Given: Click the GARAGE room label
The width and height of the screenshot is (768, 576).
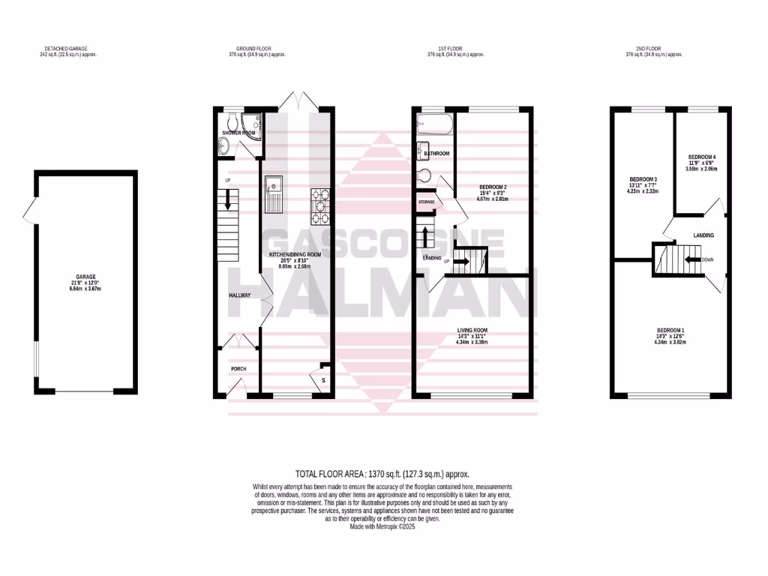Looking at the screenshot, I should click(85, 277).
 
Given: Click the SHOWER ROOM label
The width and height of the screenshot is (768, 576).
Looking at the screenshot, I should click(238, 133).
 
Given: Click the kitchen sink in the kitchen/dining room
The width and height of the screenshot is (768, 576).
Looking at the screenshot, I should click(273, 193).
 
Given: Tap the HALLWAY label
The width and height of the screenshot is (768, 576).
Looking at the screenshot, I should click(240, 295).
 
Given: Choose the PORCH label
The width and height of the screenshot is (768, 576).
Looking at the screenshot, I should click(238, 369).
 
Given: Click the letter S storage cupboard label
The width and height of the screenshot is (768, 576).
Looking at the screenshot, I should click(322, 381).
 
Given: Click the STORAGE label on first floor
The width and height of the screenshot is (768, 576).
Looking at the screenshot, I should click(426, 202).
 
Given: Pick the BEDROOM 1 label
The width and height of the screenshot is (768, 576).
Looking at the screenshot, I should click(670, 331).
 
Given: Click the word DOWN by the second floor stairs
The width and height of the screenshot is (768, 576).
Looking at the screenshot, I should click(707, 259).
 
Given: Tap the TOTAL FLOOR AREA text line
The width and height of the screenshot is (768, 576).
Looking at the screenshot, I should click(383, 473).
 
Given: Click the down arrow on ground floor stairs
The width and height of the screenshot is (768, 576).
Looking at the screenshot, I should click(227, 201).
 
